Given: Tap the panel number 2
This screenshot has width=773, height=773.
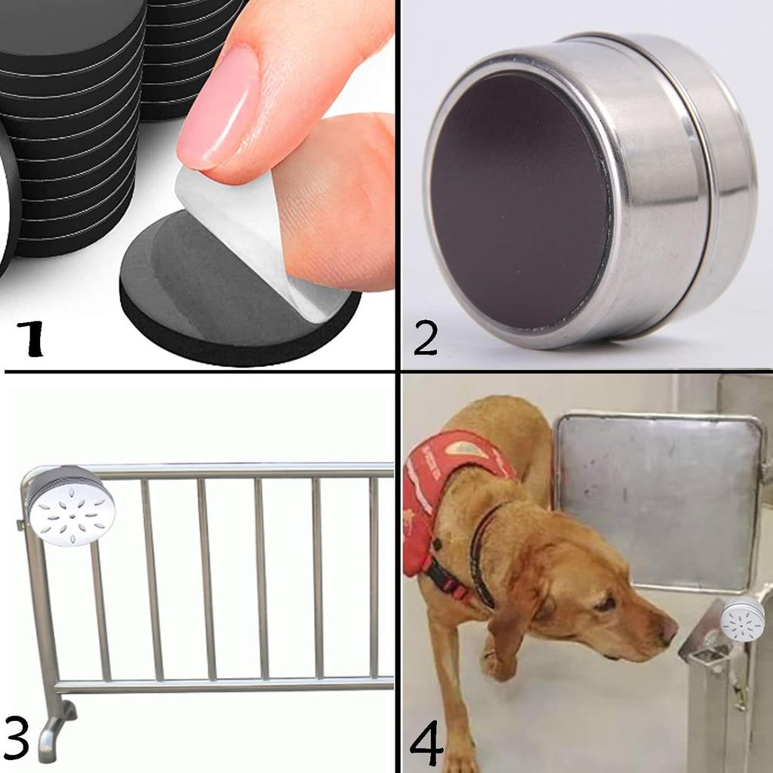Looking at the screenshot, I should [426, 336].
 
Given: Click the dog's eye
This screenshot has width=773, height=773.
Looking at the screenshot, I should [604, 604].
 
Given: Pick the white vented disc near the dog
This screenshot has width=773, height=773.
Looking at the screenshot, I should [743, 619].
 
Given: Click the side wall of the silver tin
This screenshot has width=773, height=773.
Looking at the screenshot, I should [664, 196].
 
